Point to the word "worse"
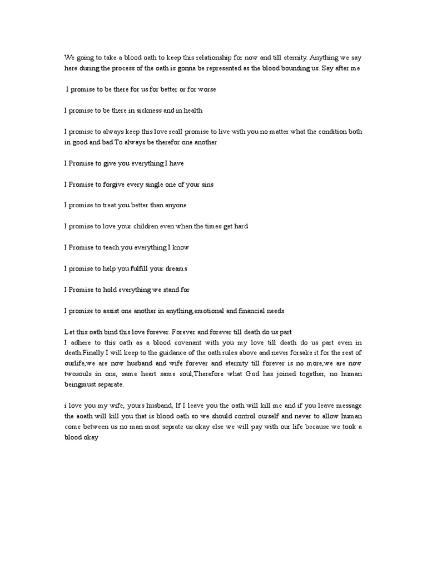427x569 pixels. pos(206,89)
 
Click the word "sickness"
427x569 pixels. pos(146,111)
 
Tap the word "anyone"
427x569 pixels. pos(174,206)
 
